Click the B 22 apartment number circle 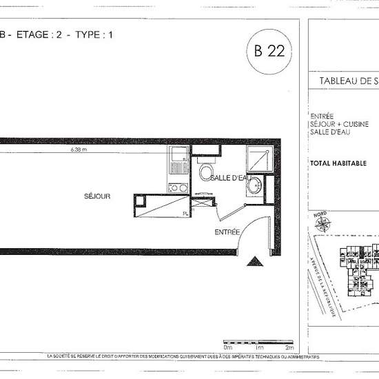point(269,50)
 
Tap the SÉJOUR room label point(97,196)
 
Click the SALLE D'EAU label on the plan point(229,178)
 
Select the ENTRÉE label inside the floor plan point(227,232)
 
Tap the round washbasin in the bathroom point(255,185)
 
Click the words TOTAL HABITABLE point(338,164)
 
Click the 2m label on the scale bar point(290,349)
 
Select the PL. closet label point(185,213)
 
